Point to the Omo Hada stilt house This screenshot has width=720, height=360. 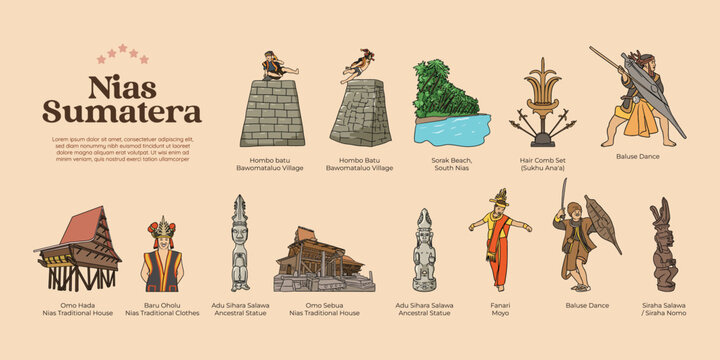[77, 250]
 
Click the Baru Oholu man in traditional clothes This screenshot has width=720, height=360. [161, 256]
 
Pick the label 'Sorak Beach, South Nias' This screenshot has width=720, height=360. [451, 163]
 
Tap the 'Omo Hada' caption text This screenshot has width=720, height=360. [77, 304]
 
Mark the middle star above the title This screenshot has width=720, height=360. [123, 47]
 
